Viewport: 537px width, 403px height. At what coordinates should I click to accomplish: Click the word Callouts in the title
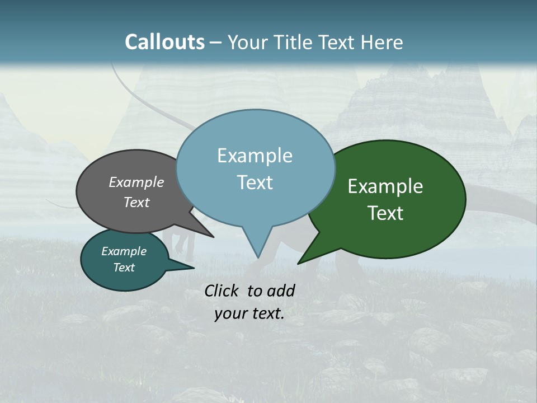164,42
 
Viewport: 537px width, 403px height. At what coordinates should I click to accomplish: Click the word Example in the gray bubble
136,182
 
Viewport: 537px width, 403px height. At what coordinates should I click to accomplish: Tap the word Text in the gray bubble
136,202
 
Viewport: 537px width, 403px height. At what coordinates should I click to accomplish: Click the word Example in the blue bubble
255,156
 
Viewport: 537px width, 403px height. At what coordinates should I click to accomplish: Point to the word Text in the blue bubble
255,182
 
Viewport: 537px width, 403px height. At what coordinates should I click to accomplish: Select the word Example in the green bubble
385,186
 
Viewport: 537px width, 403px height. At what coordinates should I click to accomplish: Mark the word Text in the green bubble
385,213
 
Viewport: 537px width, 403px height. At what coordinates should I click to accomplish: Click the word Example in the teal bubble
124,251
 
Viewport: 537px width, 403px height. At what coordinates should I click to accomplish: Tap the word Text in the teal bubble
124,268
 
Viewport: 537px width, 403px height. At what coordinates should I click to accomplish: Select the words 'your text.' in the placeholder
249,314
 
